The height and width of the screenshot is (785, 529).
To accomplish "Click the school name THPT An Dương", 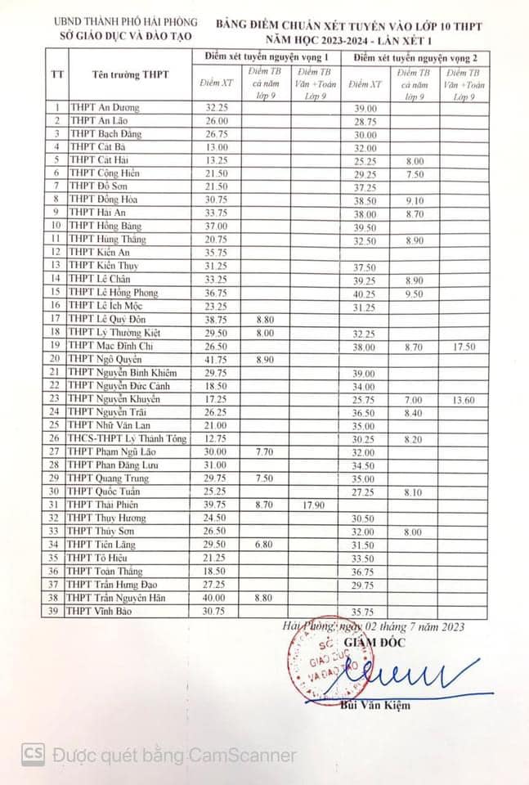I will click(104, 108).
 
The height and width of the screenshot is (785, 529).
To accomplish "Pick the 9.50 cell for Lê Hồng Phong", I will click(414, 293).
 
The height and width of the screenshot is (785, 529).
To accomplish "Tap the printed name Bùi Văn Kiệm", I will click(377, 705).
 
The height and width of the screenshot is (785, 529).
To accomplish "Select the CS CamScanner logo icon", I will click(33, 753).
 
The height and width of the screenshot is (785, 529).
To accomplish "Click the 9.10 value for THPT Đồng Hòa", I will click(414, 200).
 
